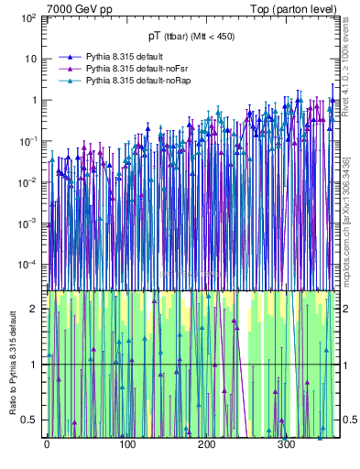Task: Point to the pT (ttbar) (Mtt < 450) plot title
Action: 190,37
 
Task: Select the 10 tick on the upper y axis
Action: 31,60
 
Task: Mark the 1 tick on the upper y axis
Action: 34,100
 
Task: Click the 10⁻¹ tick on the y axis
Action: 27,141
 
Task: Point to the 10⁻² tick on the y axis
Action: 27,182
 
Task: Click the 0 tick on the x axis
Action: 47,445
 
